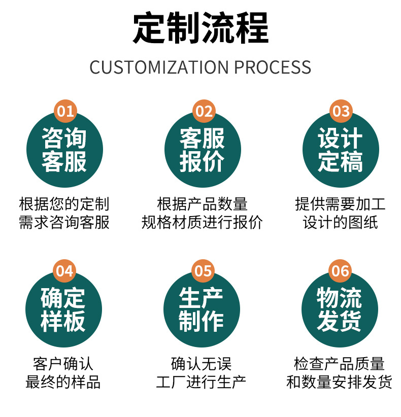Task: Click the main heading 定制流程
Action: coord(201,28)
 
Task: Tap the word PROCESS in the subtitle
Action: coord(273,67)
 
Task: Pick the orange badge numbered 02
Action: coord(204,111)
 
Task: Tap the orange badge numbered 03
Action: coord(341,111)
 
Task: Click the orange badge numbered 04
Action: coord(64,271)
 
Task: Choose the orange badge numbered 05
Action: coord(203,271)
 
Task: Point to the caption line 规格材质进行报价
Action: coord(202,222)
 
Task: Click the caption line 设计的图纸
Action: coord(340,222)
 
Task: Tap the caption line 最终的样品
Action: coord(63,381)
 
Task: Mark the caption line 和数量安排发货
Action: coord(339,381)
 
